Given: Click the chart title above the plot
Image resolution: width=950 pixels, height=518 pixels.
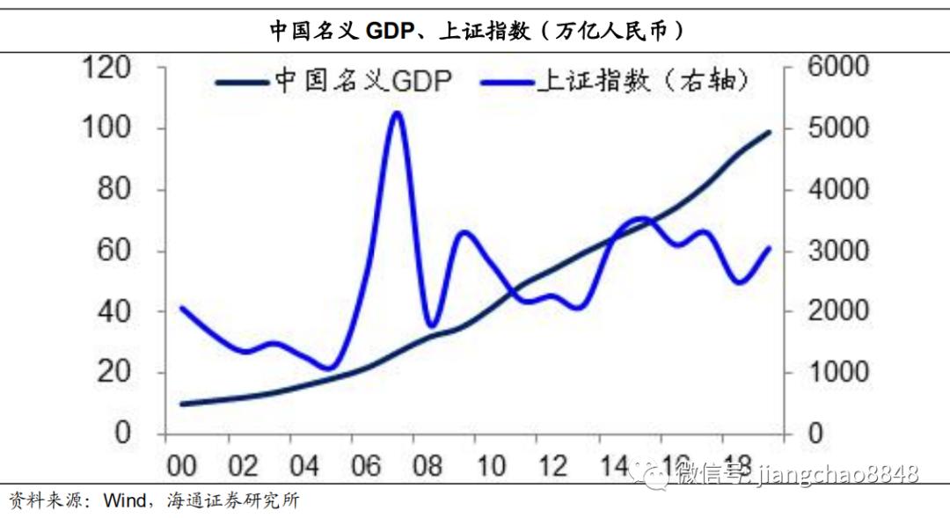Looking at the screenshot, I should pos(476,31).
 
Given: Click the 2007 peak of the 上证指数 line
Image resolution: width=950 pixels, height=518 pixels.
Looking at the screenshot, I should pos(396,113).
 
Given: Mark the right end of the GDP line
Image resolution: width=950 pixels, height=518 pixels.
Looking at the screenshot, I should pos(769,132).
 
